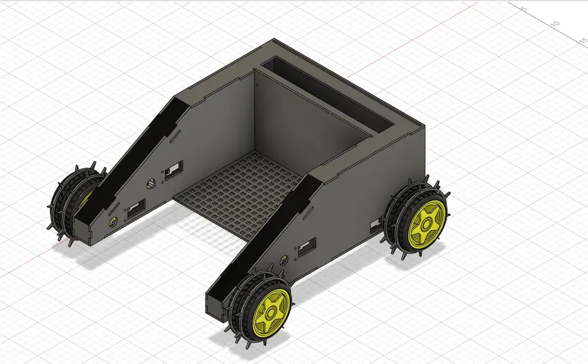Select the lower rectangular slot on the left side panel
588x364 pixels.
136,207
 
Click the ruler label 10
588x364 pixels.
555,23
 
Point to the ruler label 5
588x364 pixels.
523,9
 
